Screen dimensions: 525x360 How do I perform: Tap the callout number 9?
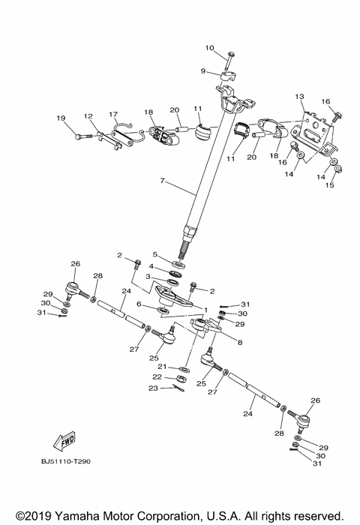pos(202,71)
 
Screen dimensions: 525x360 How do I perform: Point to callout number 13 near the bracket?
pos(299,97)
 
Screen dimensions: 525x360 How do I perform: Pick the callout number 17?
pos(114,115)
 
